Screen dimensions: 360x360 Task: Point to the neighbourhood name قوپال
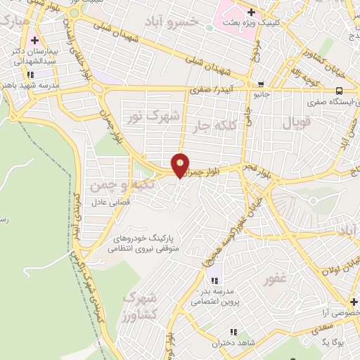point(296,124)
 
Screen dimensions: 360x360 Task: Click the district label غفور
point(275,279)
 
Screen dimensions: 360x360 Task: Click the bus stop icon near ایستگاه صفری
point(340,91)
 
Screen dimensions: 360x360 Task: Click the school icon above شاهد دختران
point(232,332)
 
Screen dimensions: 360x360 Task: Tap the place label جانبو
point(260,93)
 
